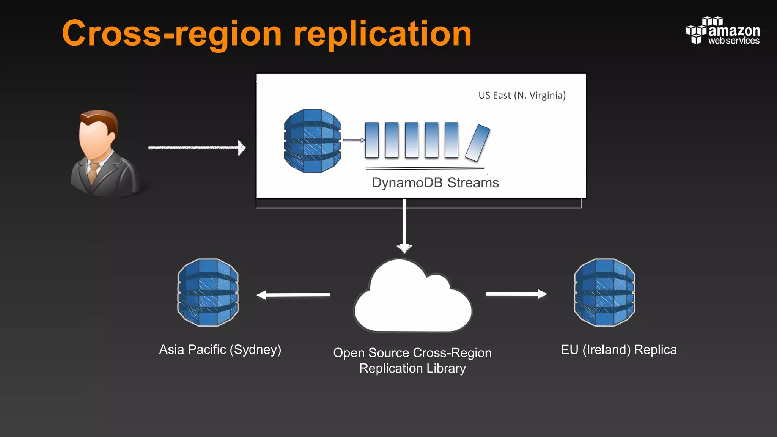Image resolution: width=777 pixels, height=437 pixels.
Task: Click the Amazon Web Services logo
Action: point(722,31)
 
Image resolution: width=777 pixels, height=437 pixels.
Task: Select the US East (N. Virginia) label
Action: point(522,95)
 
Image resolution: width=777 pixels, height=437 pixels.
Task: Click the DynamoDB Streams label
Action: point(435,183)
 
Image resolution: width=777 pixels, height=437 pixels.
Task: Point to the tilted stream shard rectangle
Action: point(478,143)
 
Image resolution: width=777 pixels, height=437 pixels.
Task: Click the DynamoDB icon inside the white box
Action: point(312,141)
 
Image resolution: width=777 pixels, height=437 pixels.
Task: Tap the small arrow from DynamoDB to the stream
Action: point(354,140)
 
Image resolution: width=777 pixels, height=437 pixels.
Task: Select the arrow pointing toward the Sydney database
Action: point(293,295)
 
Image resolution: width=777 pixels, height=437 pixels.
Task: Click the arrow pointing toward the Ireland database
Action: point(516,294)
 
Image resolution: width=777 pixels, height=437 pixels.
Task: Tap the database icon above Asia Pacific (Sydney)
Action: point(208,292)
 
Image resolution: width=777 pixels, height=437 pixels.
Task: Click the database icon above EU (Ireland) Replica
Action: point(604,292)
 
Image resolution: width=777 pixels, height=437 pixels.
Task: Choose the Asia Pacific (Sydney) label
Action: point(220,349)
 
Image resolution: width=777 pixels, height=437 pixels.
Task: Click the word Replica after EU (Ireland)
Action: point(655,349)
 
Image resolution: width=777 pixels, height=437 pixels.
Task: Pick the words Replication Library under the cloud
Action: point(412,368)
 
